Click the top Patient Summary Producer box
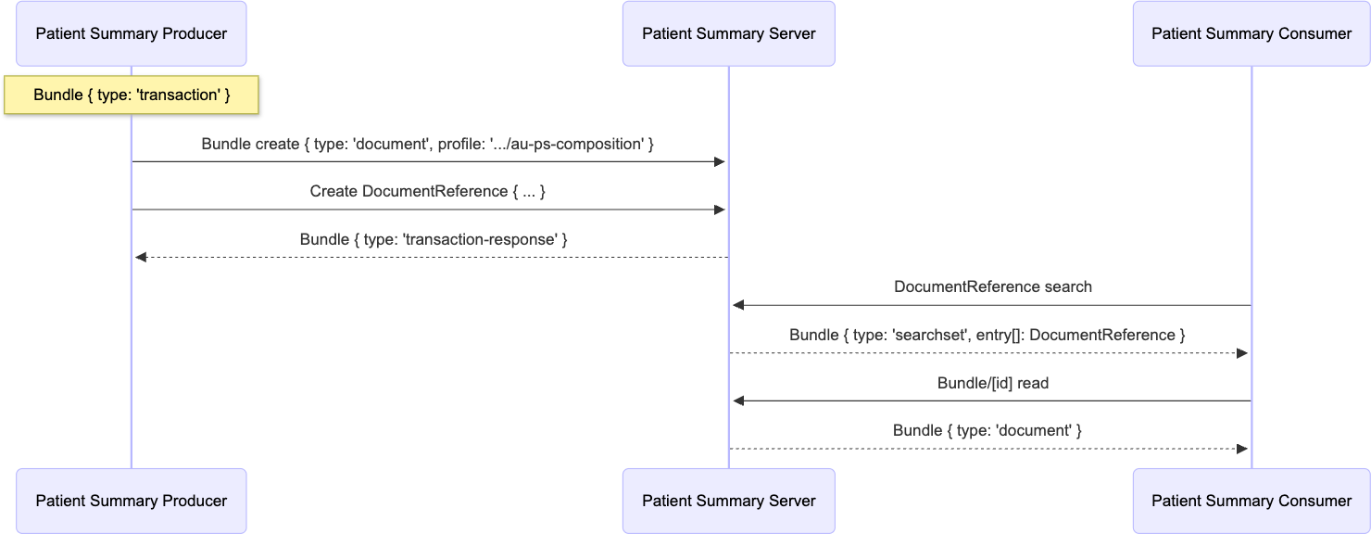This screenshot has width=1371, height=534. pyautogui.click(x=132, y=33)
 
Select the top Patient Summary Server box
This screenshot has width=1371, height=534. pyautogui.click(x=728, y=33)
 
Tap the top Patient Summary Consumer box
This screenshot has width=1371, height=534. pyautogui.click(x=1252, y=33)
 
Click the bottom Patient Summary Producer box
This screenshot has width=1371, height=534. pyautogui.click(x=132, y=501)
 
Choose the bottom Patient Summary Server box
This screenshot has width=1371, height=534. pyautogui.click(x=728, y=501)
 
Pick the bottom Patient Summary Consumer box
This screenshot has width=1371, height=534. pyautogui.click(x=1252, y=501)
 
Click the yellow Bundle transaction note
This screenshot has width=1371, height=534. pyautogui.click(x=132, y=95)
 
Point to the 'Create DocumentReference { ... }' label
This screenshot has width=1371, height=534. pyautogui.click(x=428, y=192)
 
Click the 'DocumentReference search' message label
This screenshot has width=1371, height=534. pyautogui.click(x=992, y=287)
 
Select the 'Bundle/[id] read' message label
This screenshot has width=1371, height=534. pyautogui.click(x=992, y=383)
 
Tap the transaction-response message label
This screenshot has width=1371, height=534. pyautogui.click(x=434, y=239)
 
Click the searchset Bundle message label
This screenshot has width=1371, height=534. pyautogui.click(x=987, y=335)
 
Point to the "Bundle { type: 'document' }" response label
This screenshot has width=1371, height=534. pyautogui.click(x=987, y=430)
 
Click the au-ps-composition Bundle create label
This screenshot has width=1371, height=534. pyautogui.click(x=428, y=145)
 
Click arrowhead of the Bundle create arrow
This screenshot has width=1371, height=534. pyautogui.click(x=719, y=162)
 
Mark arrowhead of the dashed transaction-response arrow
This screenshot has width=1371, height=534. pyautogui.click(x=141, y=258)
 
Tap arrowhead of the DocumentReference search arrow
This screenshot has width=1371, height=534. pyautogui.click(x=738, y=305)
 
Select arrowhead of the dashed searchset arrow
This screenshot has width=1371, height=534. pyautogui.click(x=1243, y=353)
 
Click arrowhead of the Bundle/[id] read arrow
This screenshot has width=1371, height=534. pyautogui.click(x=738, y=401)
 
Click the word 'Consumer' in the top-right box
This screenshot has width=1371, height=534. pyautogui.click(x=1314, y=33)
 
